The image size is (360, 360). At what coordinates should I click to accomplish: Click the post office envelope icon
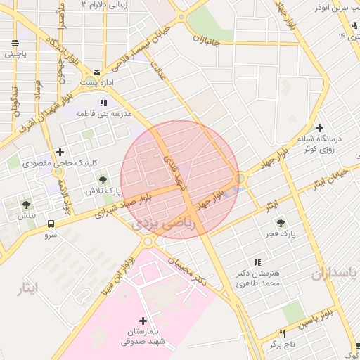(96, 72)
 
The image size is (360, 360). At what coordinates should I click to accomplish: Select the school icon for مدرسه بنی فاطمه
(104, 103)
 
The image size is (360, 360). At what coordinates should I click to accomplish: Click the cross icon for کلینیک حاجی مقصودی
(60, 152)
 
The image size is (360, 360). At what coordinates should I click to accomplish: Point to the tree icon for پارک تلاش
(103, 181)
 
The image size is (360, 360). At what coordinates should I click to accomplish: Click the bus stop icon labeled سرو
(51, 224)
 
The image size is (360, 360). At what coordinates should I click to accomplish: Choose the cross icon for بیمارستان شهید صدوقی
(144, 320)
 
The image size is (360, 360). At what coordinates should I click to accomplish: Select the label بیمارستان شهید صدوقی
(144, 337)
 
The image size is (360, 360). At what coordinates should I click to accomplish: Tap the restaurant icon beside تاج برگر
(283, 334)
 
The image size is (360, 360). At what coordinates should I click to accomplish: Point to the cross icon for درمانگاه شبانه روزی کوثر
(320, 128)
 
